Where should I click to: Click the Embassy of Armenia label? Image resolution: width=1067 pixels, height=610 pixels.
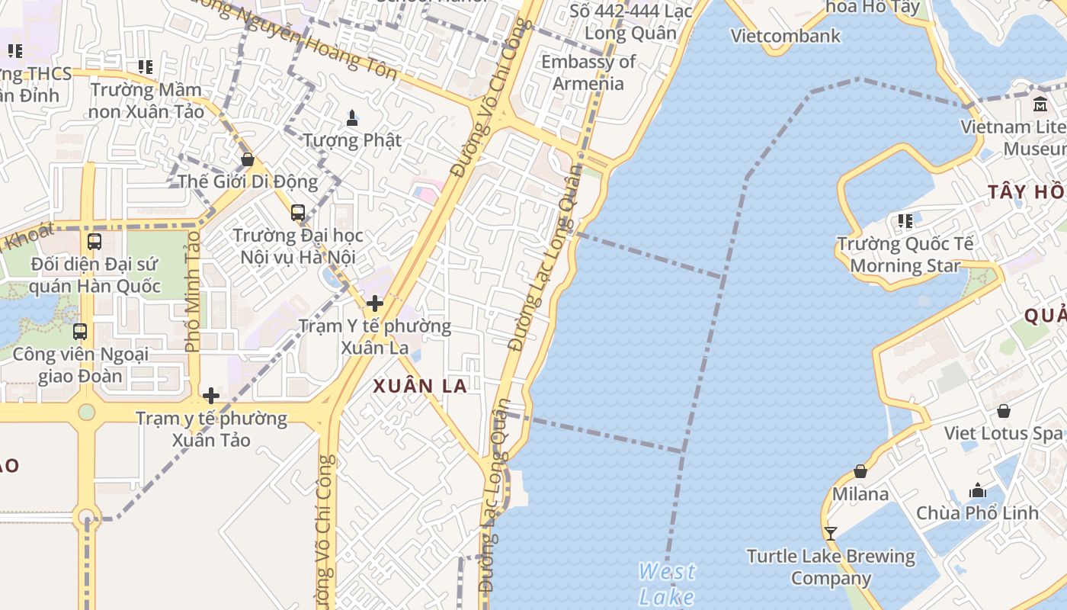[588, 72]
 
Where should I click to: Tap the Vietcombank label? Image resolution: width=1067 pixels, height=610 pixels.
[785, 36]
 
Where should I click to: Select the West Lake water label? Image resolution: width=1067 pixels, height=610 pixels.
[667, 583]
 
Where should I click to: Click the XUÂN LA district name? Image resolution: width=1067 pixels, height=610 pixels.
[420, 386]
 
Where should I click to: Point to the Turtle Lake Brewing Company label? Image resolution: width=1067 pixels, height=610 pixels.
[831, 567]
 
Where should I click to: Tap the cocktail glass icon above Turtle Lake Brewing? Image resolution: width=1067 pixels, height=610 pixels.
[831, 534]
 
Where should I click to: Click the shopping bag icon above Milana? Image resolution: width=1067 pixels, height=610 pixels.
[860, 472]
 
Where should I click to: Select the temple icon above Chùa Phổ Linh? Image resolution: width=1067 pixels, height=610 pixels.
[978, 490]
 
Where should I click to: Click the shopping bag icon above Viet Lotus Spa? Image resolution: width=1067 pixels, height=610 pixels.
[1004, 411]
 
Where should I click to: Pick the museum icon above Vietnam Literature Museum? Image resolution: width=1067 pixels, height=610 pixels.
[1040, 104]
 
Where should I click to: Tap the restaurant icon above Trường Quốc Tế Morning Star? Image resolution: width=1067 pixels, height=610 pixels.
[905, 221]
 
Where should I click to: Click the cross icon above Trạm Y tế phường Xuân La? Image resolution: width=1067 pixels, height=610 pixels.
[374, 303]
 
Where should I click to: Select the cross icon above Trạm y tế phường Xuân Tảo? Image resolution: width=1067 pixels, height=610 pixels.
[211, 396]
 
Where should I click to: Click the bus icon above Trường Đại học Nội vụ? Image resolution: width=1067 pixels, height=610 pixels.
[298, 213]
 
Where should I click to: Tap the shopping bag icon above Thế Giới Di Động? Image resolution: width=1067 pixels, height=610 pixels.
[247, 159]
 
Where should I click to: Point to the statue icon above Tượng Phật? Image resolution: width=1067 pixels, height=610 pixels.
[352, 118]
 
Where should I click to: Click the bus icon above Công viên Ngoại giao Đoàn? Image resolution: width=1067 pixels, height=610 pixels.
[80, 332]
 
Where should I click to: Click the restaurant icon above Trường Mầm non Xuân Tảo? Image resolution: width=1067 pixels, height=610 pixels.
[146, 67]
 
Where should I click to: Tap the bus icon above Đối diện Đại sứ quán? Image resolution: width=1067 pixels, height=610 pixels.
[95, 242]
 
